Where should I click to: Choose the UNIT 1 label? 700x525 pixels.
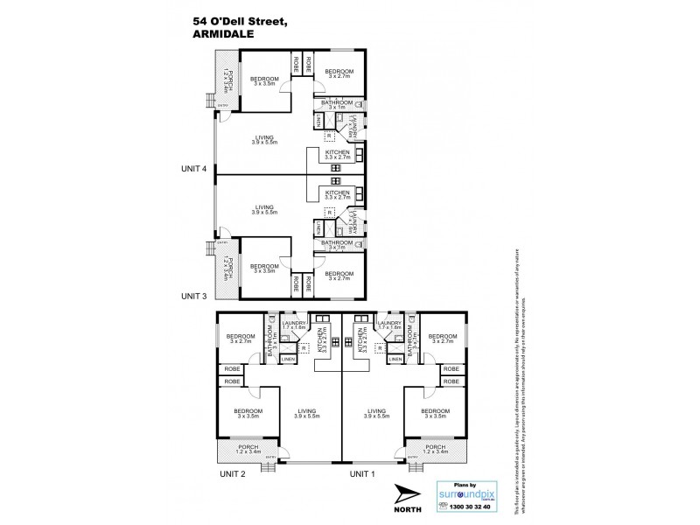[x=365, y=473]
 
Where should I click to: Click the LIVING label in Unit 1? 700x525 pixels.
[x=377, y=409]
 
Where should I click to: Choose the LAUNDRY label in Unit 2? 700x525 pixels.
[x=292, y=323]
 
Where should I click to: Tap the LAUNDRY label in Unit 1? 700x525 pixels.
[x=391, y=323]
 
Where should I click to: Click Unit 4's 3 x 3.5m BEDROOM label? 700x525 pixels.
[x=265, y=80]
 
